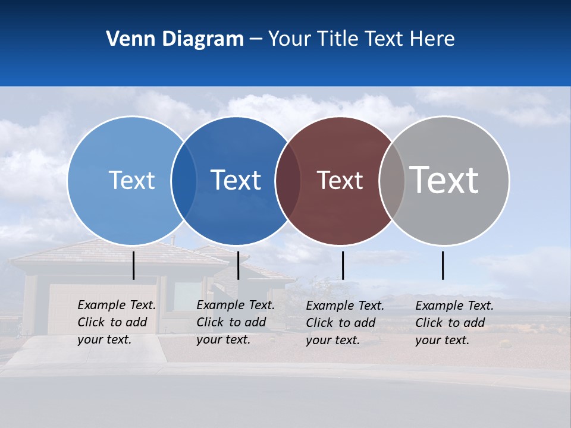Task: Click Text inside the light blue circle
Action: (x=131, y=180)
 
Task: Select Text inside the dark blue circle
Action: (x=236, y=180)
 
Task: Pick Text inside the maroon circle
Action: (x=340, y=181)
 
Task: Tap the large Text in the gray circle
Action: (x=444, y=180)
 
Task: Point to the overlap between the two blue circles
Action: (x=184, y=181)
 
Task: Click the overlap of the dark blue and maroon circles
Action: (x=288, y=181)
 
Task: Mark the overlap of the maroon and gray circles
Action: (x=392, y=181)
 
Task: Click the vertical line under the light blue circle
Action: (x=134, y=265)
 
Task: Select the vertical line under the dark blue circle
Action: (x=238, y=265)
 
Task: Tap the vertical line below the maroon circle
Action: (x=343, y=265)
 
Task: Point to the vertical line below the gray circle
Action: (x=443, y=265)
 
